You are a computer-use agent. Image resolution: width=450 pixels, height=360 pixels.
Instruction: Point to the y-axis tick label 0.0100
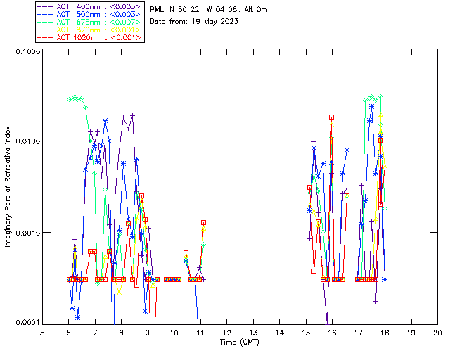(x=26, y=142)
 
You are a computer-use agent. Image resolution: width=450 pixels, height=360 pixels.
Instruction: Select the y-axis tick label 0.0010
(x=26, y=233)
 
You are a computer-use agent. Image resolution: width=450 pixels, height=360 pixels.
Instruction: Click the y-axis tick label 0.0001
(x=26, y=323)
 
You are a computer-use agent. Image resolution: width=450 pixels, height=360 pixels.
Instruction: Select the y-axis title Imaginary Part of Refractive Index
(x=9, y=188)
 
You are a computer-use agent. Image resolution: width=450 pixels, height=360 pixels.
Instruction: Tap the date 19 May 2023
(x=214, y=21)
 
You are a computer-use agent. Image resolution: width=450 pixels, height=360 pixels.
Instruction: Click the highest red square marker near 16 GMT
(x=331, y=117)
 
